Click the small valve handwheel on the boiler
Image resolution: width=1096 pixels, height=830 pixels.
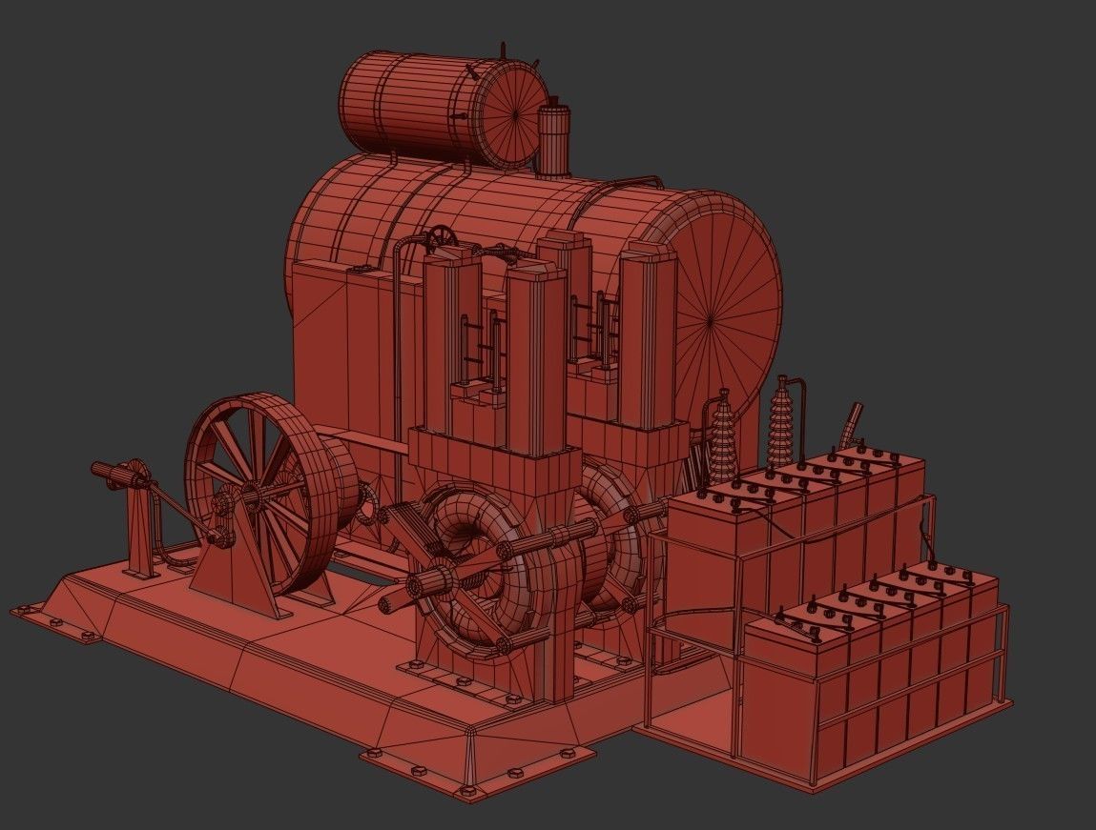tap(440, 237)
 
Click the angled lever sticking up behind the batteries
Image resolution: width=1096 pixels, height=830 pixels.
tap(850, 425)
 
